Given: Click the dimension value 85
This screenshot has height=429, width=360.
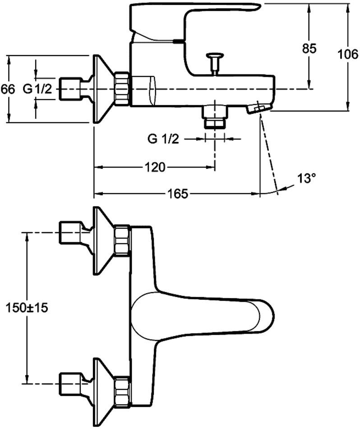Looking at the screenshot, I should pos(309,48).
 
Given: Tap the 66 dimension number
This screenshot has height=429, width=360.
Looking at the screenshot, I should pos(8,89).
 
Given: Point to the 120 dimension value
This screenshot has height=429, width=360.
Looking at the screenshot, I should pos(155,168).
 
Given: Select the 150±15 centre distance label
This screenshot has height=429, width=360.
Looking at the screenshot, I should pos(27,308).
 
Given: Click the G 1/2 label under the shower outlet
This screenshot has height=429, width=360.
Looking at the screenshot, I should pos(163,140).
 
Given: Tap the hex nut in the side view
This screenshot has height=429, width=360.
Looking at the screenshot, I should pos(122,89).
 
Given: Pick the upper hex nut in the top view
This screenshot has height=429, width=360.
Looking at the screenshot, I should pos(122,241).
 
